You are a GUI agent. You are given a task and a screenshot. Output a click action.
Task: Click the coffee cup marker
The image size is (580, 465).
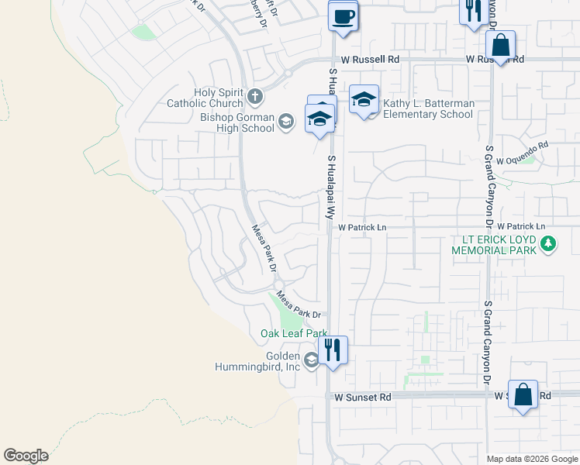343,15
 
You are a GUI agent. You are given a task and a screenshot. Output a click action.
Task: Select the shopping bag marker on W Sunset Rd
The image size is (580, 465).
523,394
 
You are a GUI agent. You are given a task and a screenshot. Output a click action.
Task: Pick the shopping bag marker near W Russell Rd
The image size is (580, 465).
501,45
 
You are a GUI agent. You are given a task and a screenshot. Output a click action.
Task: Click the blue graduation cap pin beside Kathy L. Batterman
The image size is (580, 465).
364,100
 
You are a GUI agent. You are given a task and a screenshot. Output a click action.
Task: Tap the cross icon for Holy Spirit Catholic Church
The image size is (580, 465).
255,98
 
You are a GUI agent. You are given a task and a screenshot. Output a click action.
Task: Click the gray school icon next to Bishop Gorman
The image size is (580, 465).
286,121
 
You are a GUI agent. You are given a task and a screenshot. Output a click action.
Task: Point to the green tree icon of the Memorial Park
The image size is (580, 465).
549,245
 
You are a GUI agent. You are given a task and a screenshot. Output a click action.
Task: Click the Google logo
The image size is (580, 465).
26,456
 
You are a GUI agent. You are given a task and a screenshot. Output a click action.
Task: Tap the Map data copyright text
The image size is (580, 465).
533,459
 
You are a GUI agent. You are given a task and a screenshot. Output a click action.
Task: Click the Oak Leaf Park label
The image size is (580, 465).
293,333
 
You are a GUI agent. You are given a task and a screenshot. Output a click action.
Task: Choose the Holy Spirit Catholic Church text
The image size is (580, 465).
207,98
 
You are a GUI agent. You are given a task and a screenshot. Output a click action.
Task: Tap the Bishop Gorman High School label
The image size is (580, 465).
237,122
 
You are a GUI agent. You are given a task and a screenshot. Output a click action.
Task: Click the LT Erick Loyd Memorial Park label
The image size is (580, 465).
496,245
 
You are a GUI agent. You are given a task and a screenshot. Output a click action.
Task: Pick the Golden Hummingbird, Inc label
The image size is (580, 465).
257,361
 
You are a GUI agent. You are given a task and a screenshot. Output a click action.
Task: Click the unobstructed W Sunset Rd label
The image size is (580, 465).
363,397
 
